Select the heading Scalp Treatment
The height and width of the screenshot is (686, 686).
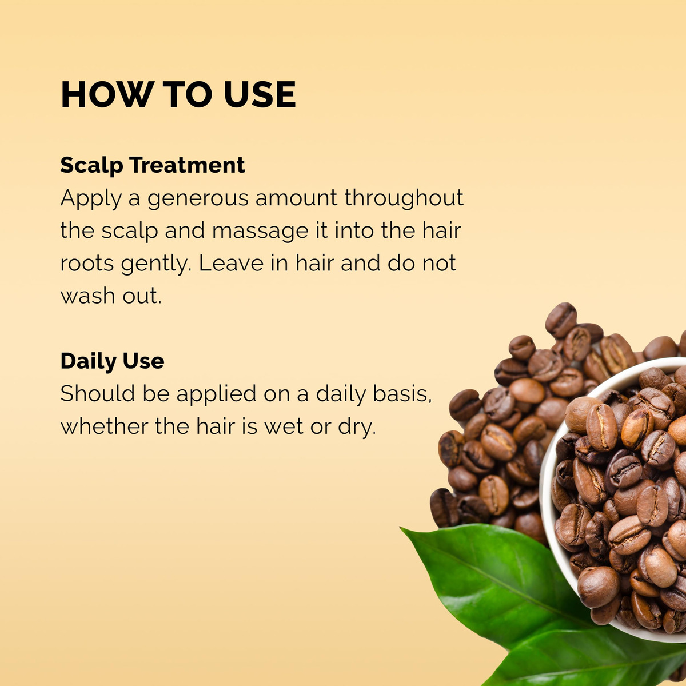(x=153, y=166)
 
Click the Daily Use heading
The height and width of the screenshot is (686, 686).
(x=113, y=361)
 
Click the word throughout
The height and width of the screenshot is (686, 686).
(x=404, y=198)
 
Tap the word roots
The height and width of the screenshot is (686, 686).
(x=87, y=264)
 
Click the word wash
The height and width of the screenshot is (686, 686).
(x=87, y=296)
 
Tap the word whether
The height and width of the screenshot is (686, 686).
(x=104, y=426)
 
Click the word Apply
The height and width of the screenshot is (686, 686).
(x=91, y=198)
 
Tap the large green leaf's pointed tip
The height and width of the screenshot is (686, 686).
(x=401, y=528)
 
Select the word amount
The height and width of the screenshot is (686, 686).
(x=296, y=198)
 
